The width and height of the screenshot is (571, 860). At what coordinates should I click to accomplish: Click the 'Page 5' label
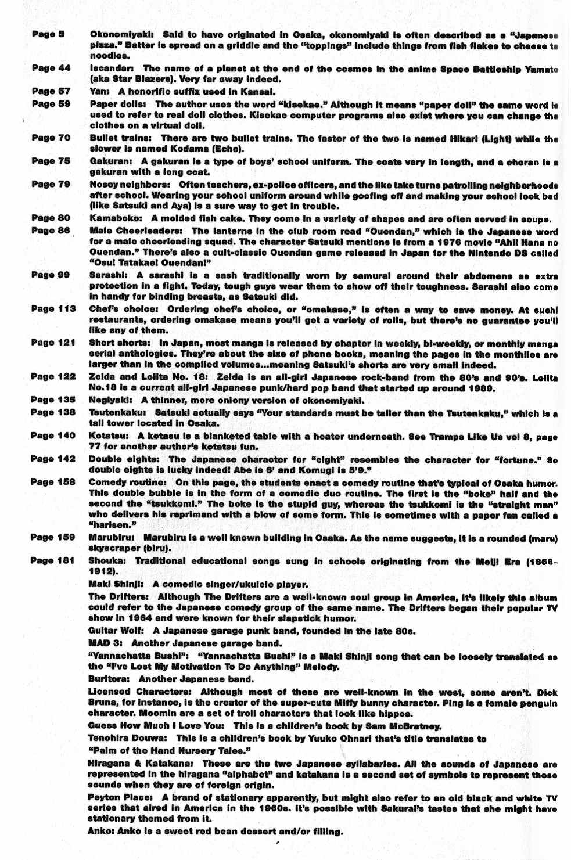tap(48, 34)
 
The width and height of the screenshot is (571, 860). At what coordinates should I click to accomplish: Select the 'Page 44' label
tap(51, 68)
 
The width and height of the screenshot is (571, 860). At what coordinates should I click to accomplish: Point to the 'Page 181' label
tap(52, 560)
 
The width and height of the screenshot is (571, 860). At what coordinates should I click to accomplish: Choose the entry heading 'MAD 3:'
tap(106, 643)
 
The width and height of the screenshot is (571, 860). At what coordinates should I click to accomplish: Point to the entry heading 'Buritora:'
tap(109, 679)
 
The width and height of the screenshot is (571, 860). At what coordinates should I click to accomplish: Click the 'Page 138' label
tap(53, 412)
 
